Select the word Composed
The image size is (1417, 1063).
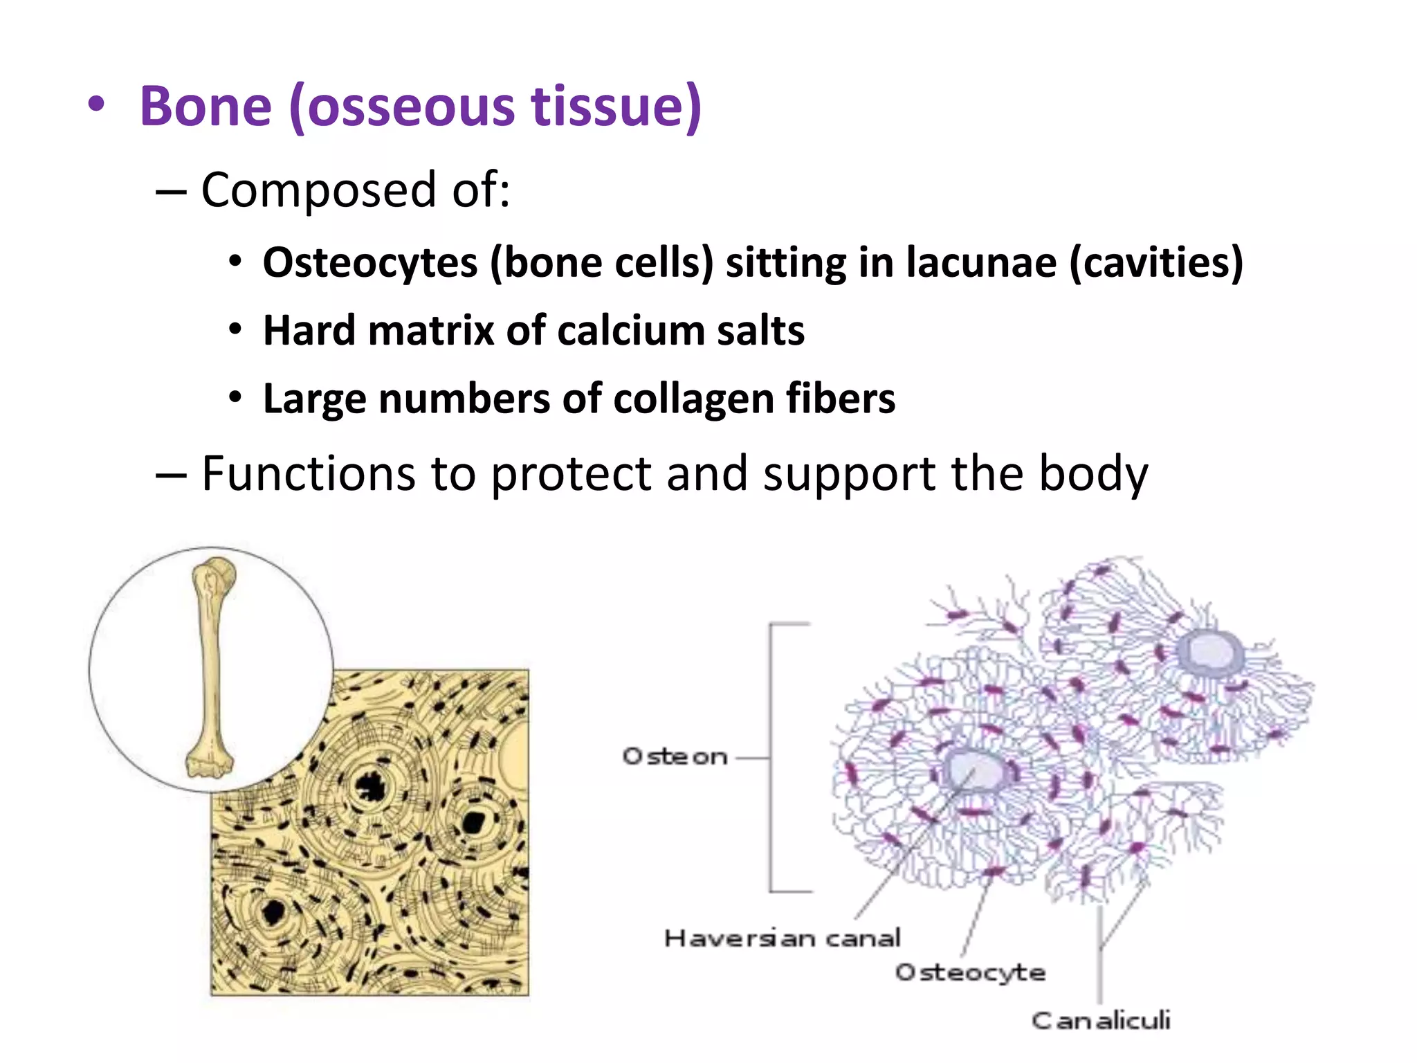318,190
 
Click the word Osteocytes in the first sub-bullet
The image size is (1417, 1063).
370,263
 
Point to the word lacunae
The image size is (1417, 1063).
981,263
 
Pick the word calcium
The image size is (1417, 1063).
630,331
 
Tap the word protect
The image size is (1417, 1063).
571,475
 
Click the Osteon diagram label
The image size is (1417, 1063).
675,756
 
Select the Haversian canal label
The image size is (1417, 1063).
782,938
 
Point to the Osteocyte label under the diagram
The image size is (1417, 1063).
970,972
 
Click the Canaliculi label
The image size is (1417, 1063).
1100,1020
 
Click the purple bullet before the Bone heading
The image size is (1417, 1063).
96,106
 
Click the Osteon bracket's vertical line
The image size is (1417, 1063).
771,758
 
